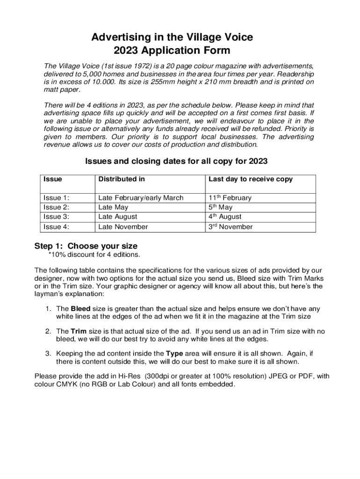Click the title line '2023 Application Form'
click(172, 50)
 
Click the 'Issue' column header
click(52, 179)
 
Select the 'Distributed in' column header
click(121, 179)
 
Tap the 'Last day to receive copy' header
click(250, 179)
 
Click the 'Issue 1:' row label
click(56, 198)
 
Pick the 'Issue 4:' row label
click(56, 227)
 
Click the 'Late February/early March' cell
click(141, 198)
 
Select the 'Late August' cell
click(118, 217)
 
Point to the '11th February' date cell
click(230, 197)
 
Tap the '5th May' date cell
click(220, 207)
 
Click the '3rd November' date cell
click(230, 227)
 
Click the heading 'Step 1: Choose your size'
click(86, 246)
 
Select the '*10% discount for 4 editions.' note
click(94, 254)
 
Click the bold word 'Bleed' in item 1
click(80, 309)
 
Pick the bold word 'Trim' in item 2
click(78, 331)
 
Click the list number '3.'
click(49, 353)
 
